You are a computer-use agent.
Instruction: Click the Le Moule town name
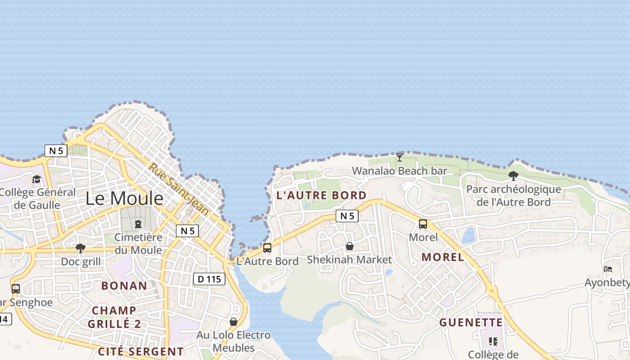point(124,198)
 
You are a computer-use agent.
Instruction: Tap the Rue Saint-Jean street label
point(179,189)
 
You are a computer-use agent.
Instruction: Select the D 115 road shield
point(209,279)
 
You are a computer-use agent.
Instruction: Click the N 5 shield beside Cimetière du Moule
point(187,231)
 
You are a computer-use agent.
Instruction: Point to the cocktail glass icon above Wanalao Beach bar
point(399,157)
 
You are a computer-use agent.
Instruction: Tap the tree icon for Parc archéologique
point(513,176)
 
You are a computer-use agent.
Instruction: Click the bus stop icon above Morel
point(423,224)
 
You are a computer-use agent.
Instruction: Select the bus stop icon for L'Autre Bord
point(267,248)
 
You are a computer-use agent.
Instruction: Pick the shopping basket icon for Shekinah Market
point(349,247)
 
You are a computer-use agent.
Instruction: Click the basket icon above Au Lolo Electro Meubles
point(233,322)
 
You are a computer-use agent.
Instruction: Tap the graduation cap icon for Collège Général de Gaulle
point(36,179)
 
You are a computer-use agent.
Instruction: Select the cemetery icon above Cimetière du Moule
point(138,224)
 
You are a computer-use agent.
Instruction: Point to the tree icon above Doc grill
point(81,248)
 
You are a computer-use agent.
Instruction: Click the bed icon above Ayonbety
point(608,269)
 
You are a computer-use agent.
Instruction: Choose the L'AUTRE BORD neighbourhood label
point(321,195)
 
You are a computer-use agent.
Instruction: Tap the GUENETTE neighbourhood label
point(471,322)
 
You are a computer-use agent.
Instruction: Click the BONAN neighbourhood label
point(124,286)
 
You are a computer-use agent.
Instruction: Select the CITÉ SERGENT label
point(140,351)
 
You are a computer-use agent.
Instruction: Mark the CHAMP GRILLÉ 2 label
point(114,317)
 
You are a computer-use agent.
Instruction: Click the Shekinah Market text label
point(349,260)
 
